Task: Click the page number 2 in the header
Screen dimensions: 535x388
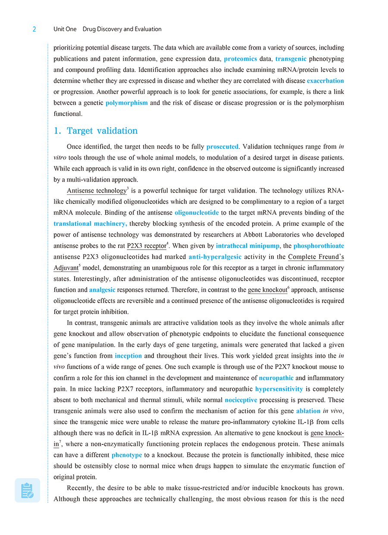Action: coord(34,29)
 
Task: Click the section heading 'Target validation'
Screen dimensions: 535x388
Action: coord(102,131)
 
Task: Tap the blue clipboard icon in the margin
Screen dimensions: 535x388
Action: coord(27,490)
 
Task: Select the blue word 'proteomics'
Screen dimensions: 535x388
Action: coord(241,59)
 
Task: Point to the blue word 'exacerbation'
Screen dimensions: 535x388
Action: coord(325,81)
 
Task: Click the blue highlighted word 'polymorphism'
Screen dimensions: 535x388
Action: coord(127,103)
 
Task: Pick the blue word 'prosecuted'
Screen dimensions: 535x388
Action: coord(222,147)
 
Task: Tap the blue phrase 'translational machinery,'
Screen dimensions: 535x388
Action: coord(90,223)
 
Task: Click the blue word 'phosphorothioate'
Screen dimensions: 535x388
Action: coord(319,246)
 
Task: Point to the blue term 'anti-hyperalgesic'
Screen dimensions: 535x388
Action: coord(215,257)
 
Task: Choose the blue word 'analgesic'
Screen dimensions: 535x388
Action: coord(102,290)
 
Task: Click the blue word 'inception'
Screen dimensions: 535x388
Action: coord(128,356)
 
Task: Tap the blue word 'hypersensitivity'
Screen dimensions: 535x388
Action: coord(279,389)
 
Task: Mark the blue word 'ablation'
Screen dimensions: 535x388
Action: coord(308,411)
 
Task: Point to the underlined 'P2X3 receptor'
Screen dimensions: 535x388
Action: coord(147,246)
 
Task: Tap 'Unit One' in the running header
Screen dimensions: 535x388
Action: coord(65,29)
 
